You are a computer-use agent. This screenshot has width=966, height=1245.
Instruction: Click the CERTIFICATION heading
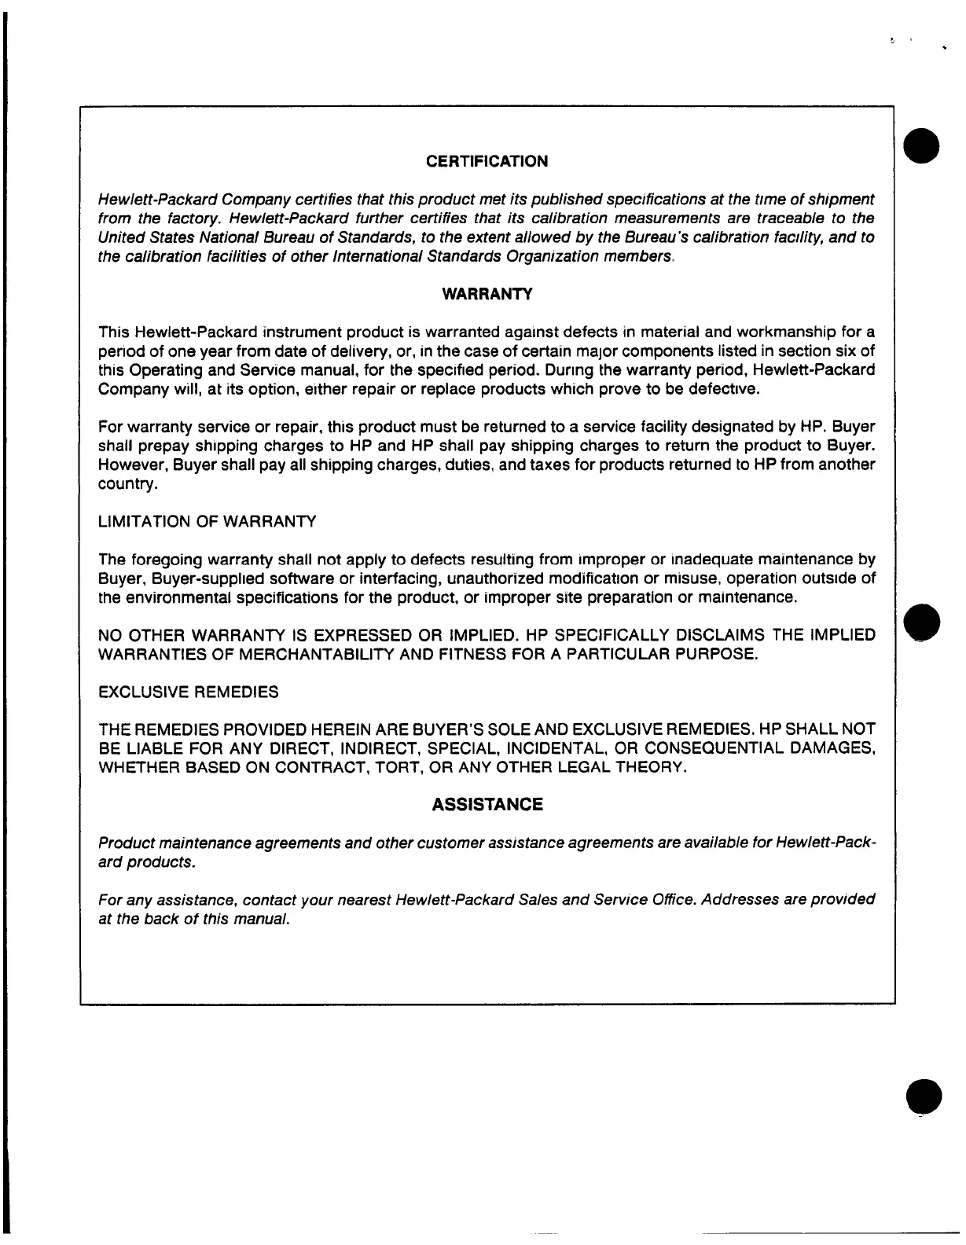[x=487, y=161]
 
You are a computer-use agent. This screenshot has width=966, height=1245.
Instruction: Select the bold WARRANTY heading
[x=487, y=294]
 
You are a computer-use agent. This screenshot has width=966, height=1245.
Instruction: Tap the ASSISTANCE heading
[x=487, y=805]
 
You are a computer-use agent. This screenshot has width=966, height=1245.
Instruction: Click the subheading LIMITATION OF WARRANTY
[x=207, y=522]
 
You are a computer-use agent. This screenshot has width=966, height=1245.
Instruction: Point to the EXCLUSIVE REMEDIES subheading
[x=189, y=692]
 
